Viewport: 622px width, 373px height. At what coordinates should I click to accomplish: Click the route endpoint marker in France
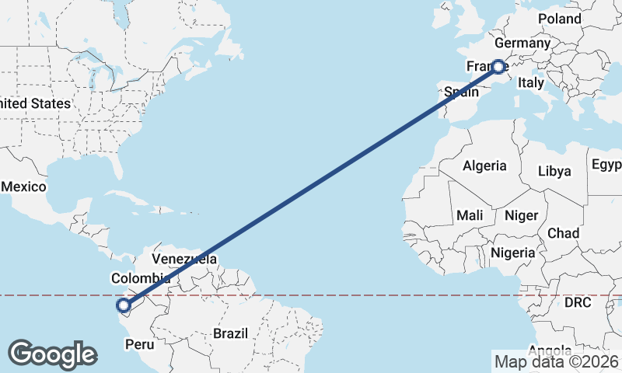tap(498, 67)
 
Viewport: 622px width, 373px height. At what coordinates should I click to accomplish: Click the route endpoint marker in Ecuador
tap(123, 305)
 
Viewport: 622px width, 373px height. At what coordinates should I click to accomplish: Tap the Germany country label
tap(522, 44)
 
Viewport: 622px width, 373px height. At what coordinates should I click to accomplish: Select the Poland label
tap(558, 19)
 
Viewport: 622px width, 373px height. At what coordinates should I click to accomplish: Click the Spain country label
tap(461, 92)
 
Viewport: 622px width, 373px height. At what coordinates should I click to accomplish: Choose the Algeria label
tap(484, 166)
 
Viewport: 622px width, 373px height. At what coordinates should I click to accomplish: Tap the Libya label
tap(554, 171)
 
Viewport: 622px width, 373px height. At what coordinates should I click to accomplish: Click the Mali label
tap(470, 215)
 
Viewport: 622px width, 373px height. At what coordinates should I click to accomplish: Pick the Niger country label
tap(521, 215)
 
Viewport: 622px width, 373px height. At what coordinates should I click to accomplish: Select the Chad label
tap(563, 233)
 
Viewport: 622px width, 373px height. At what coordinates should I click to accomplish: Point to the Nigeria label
tap(512, 253)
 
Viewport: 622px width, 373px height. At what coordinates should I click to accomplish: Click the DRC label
tap(578, 302)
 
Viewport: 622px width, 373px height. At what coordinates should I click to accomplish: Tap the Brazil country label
tap(230, 333)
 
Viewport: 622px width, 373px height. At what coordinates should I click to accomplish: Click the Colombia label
tap(141, 278)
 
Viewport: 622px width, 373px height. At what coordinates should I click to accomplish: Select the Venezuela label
tap(184, 259)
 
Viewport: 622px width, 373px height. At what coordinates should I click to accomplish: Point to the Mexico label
tap(24, 187)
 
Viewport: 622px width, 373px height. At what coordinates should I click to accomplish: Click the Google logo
tap(52, 354)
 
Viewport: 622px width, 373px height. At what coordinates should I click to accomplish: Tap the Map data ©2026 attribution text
tap(557, 361)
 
